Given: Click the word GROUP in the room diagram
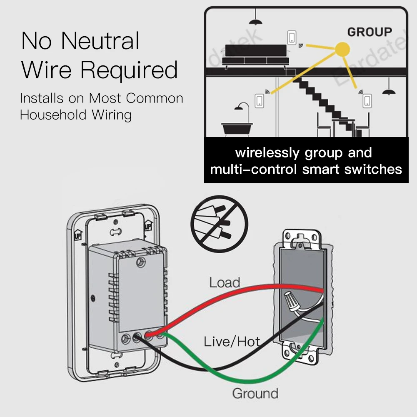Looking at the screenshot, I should [370, 32].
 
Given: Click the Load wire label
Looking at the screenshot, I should [225, 282].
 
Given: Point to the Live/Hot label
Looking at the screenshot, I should [232, 342].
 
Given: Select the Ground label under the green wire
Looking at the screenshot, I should [255, 393].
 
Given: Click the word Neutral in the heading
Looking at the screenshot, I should [100, 41].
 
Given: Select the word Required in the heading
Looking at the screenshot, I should [129, 70].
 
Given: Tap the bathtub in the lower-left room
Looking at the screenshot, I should [238, 128].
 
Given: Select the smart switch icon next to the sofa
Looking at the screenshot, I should [292, 38].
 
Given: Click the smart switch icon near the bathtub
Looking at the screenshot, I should [259, 100].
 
